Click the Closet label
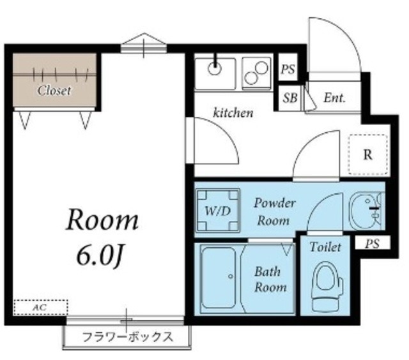[x=54, y=91]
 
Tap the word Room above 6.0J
[x=103, y=221]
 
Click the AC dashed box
[x=40, y=308]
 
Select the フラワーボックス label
[x=127, y=337]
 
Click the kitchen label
[x=233, y=114]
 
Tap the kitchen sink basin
[x=215, y=72]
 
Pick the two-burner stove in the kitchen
[x=257, y=72]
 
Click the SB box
[x=289, y=98]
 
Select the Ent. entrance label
[x=334, y=98]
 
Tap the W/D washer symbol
[x=218, y=210]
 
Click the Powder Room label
[x=275, y=212]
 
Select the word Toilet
[x=325, y=247]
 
